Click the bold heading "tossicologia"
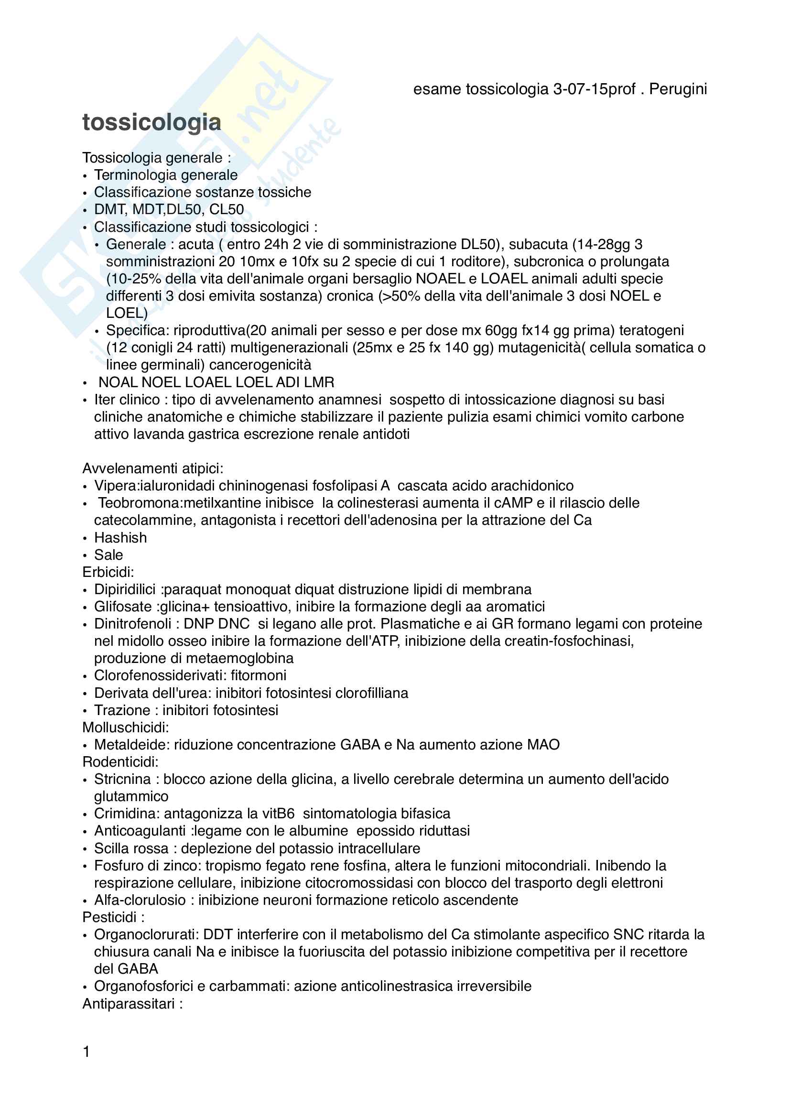pyautogui.click(x=152, y=122)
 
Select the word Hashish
pyautogui.click(x=120, y=538)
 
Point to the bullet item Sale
pyautogui.click(x=108, y=554)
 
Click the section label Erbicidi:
pyautogui.click(x=108, y=572)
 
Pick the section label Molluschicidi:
pyautogui.click(x=126, y=727)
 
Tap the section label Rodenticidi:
pyautogui.click(x=120, y=761)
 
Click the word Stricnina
pyautogui.click(x=122, y=779)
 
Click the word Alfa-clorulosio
pyautogui.click(x=140, y=900)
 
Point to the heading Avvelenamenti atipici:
pyautogui.click(x=152, y=468)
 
